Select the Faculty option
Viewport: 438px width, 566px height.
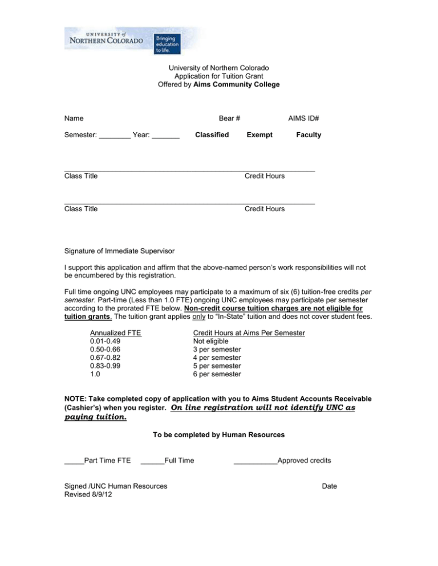pyautogui.click(x=309, y=135)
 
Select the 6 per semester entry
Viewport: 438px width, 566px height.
pyautogui.click(x=217, y=374)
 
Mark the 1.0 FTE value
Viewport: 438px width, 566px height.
pyautogui.click(x=95, y=374)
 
